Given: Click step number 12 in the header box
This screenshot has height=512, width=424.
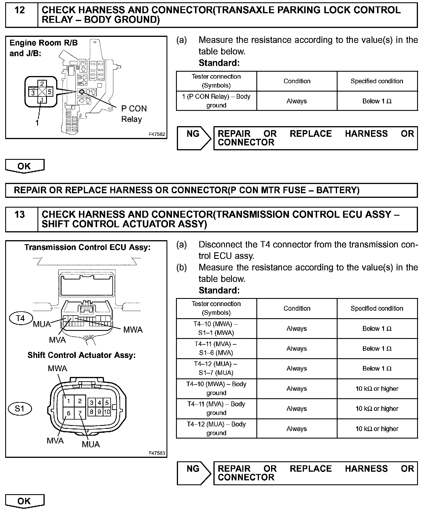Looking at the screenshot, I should click(x=20, y=11).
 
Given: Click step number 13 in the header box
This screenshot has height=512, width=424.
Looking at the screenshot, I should click(x=20, y=215).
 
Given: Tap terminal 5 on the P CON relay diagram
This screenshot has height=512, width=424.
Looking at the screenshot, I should click(x=49, y=92).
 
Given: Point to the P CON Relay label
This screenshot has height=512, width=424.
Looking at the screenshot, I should click(x=134, y=114).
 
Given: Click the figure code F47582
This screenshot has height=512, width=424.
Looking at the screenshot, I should click(x=157, y=134).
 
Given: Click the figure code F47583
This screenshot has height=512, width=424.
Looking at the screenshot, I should click(x=157, y=453).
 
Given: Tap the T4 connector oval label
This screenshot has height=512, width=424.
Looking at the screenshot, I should click(x=20, y=318).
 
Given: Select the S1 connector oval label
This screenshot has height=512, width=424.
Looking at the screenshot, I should click(x=20, y=408).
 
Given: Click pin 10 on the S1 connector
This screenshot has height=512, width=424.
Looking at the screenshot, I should click(x=107, y=412).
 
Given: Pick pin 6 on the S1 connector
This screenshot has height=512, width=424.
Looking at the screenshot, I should click(x=69, y=413).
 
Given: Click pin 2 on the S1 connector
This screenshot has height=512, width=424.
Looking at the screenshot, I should click(x=80, y=401).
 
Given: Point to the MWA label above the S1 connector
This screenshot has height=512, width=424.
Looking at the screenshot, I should click(x=57, y=369).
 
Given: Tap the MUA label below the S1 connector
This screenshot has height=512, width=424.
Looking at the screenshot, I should click(x=91, y=444).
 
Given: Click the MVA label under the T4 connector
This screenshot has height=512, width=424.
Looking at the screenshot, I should click(x=57, y=340).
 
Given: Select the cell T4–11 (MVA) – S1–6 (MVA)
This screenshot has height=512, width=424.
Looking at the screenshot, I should click(x=216, y=348).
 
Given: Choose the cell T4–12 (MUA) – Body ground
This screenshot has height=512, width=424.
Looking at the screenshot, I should click(x=216, y=428).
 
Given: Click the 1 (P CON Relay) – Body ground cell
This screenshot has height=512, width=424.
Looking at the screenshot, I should click(x=216, y=101).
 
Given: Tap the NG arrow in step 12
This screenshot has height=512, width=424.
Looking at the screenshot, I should click(x=194, y=138).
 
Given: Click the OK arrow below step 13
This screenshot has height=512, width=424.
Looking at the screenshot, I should click(x=24, y=501).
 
